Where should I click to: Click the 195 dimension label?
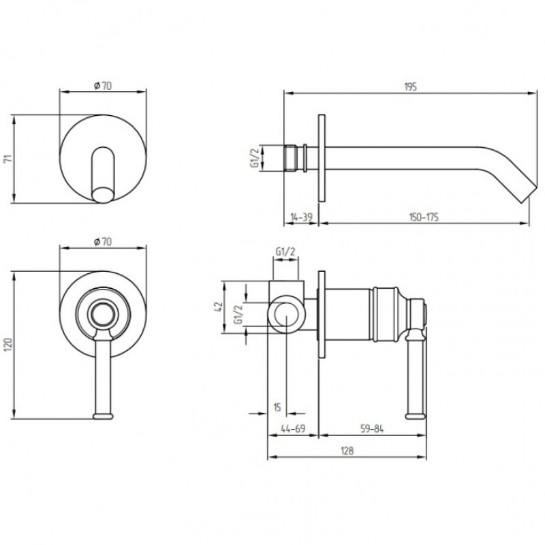[411, 87]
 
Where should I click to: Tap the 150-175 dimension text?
[424, 217]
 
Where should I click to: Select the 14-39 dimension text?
[301, 217]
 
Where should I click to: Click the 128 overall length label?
[347, 451]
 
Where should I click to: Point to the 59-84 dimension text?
[372, 429]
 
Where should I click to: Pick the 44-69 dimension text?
[293, 429]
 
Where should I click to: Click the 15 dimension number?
[277, 407]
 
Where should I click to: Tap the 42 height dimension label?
[219, 307]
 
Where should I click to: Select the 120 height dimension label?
[9, 345]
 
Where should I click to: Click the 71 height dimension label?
[9, 159]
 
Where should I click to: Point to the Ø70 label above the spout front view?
[103, 86]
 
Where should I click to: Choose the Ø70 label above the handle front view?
[103, 241]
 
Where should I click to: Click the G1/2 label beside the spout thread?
[255, 158]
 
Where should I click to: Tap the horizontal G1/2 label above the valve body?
[285, 251]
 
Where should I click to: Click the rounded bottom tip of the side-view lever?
[416, 416]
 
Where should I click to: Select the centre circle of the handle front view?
[103, 314]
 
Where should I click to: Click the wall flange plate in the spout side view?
[322, 158]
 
